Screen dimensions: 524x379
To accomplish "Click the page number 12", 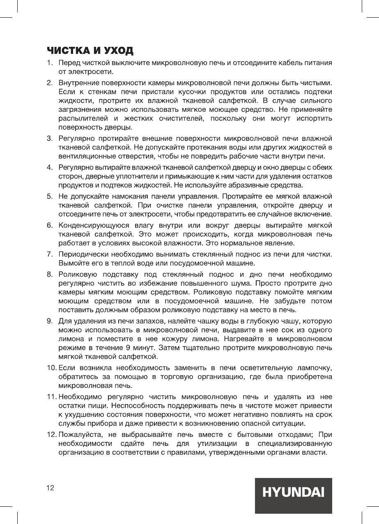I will (50, 488).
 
